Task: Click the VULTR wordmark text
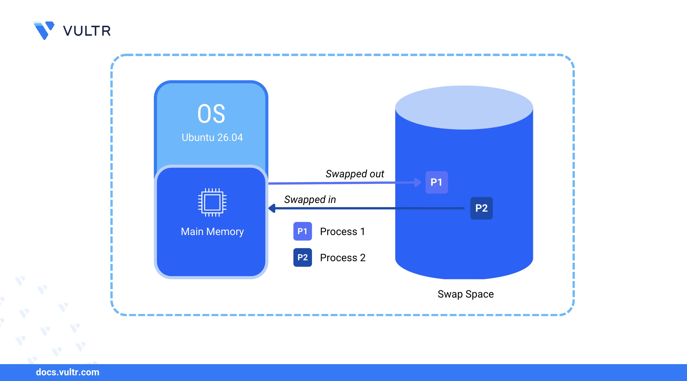(x=87, y=31)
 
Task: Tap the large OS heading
(x=211, y=114)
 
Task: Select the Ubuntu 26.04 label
(x=212, y=137)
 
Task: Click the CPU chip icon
(x=212, y=202)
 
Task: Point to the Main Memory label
(x=212, y=232)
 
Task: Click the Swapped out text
(x=355, y=174)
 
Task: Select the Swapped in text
(x=310, y=200)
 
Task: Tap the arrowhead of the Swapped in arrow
(x=272, y=208)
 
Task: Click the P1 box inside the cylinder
(x=437, y=182)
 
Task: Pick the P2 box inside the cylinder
(x=481, y=208)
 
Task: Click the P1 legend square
(x=302, y=231)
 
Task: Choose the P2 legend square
(x=302, y=258)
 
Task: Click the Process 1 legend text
(x=342, y=232)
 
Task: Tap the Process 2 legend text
(x=343, y=258)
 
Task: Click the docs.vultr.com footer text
(x=67, y=372)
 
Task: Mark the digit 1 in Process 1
(x=362, y=232)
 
